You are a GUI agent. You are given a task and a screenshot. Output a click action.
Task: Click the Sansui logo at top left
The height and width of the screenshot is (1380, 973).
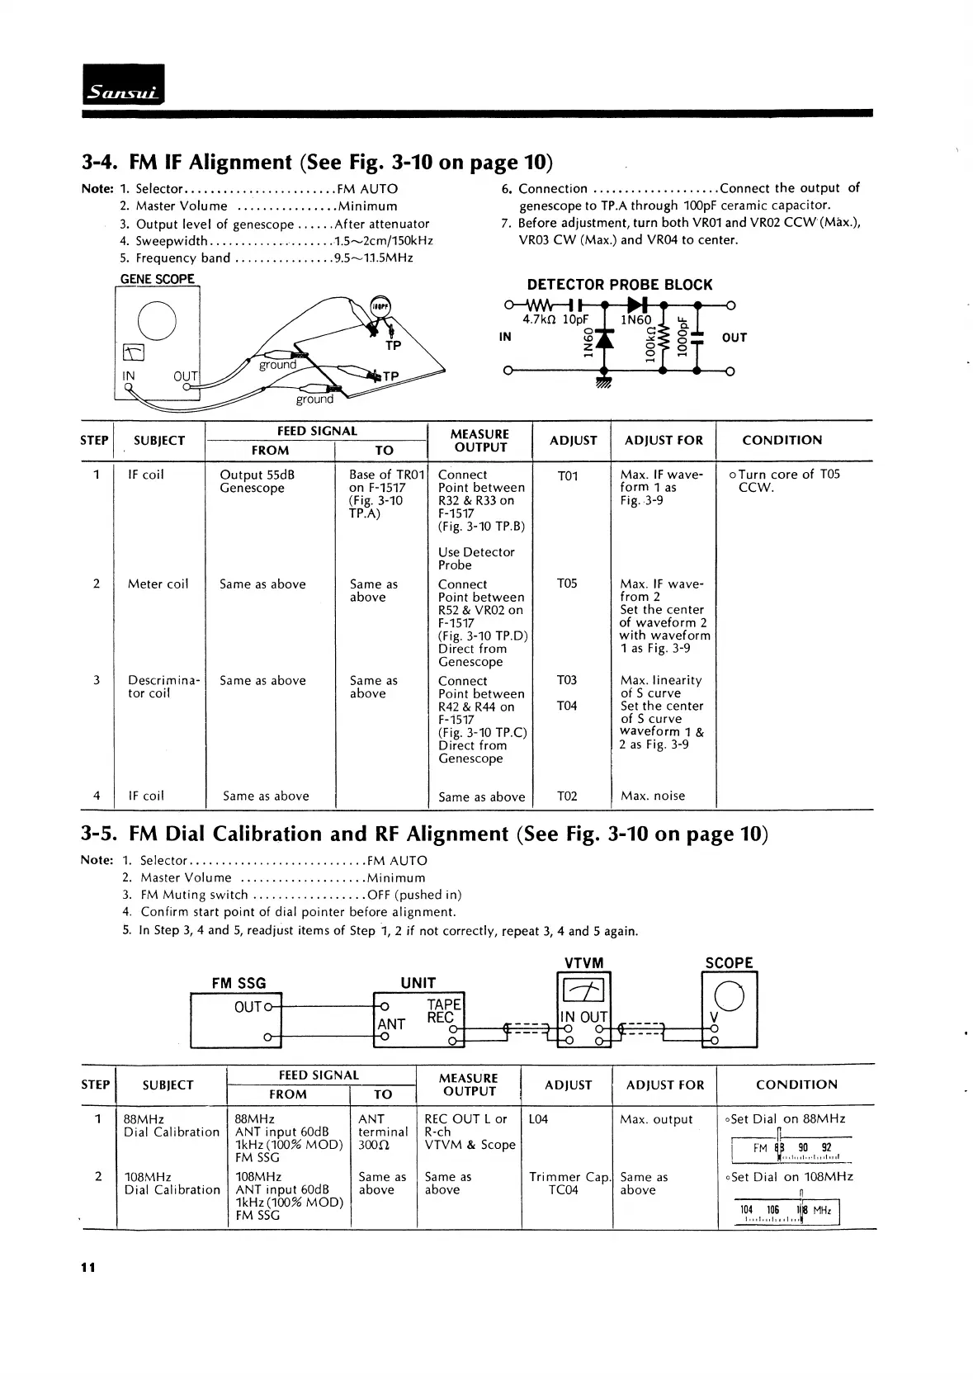tap(124, 84)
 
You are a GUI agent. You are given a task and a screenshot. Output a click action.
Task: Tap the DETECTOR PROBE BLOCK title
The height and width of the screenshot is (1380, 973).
tap(619, 285)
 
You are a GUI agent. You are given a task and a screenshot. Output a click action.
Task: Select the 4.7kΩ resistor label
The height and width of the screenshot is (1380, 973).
tap(540, 320)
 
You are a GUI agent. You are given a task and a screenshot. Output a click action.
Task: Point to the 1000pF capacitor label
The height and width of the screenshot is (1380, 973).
tap(682, 336)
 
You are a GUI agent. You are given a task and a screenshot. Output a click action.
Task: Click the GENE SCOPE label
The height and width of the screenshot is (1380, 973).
tap(158, 279)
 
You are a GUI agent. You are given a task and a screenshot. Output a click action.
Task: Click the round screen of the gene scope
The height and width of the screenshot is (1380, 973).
tap(157, 321)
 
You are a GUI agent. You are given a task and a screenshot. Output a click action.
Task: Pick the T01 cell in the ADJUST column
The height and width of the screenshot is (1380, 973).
tap(568, 475)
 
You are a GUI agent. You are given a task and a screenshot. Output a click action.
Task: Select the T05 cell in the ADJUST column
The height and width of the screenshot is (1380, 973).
tap(567, 584)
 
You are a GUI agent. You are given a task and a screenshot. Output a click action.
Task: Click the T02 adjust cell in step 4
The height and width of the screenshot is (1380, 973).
tap(567, 796)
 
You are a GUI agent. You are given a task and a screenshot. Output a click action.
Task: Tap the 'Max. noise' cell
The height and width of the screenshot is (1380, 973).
tap(653, 796)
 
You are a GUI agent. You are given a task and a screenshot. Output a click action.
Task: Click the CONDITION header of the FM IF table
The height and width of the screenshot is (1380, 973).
tap(782, 440)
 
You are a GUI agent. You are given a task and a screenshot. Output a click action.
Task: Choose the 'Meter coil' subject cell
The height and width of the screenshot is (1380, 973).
tap(158, 584)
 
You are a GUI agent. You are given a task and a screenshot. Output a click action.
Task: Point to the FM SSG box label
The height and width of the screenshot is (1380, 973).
tap(239, 983)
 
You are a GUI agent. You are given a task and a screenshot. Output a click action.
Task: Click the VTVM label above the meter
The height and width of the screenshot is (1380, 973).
tap(583, 963)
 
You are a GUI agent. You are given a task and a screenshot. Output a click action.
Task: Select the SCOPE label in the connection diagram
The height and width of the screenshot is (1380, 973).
tap(729, 963)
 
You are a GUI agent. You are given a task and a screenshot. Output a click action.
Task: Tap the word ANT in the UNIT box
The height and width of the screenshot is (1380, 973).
tap(391, 1024)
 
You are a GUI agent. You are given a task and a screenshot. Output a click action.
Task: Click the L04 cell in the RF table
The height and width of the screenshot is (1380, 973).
tap(538, 1119)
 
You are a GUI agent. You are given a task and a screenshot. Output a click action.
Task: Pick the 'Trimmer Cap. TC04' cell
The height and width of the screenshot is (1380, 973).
tap(567, 1184)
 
